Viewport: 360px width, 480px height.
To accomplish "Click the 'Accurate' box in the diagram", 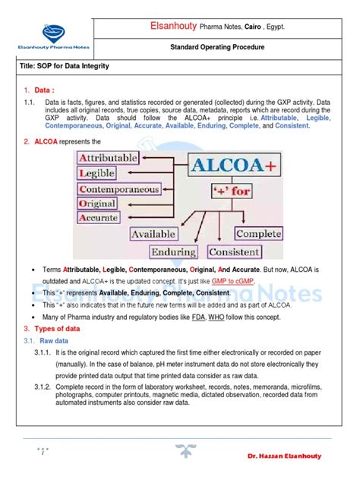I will [x=101, y=218].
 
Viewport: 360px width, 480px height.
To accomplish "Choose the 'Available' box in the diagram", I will [x=154, y=234].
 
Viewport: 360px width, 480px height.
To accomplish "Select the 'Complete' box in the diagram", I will [x=259, y=234].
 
